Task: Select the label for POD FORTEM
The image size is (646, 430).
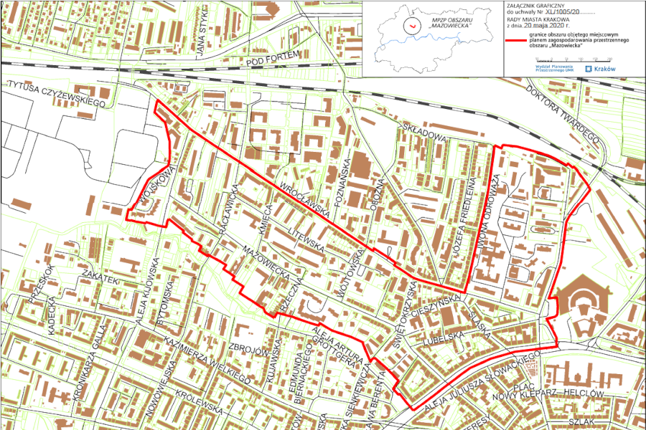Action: pyautogui.click(x=271, y=62)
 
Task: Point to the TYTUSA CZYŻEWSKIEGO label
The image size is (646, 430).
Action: pyautogui.click(x=57, y=94)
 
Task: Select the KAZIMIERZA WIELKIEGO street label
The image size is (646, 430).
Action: pyautogui.click(x=205, y=356)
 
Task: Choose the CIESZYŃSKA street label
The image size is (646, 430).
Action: pyautogui.click(x=442, y=298)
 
